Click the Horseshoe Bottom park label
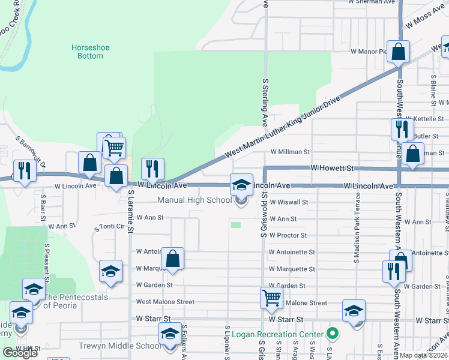point(86,52)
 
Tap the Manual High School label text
point(194,200)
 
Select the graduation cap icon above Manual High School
point(241,184)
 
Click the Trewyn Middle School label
point(119,346)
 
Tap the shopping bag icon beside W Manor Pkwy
point(398,52)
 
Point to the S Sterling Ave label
point(264,100)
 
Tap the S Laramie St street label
point(130,211)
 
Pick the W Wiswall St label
point(288,203)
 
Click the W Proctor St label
point(288,236)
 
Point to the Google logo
point(20,353)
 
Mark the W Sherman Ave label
point(372,2)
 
